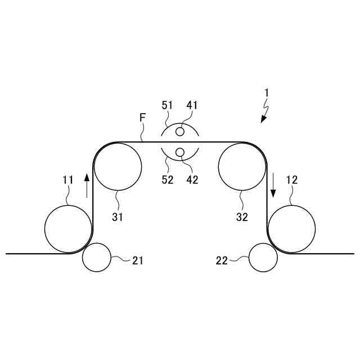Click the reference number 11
click(x=68, y=181)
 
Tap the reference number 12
click(x=292, y=181)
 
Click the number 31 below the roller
click(x=117, y=217)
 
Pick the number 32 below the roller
click(x=242, y=217)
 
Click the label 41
click(x=192, y=105)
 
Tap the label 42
click(x=192, y=181)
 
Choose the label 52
click(x=168, y=181)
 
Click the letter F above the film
click(x=143, y=118)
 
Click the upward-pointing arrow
click(x=87, y=185)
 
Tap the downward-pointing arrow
click(x=273, y=185)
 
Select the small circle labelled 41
click(x=180, y=132)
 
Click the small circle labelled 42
click(x=180, y=152)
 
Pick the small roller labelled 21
click(x=97, y=257)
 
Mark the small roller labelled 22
click(x=263, y=257)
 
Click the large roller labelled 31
click(x=118, y=167)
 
